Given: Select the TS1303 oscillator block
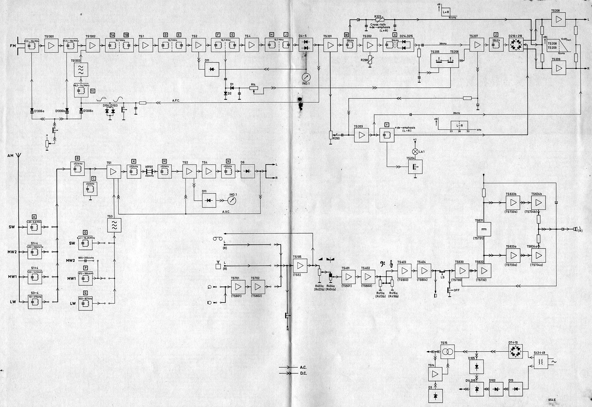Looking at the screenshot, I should (x=81, y=70).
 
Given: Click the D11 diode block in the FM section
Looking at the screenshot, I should (x=212, y=69).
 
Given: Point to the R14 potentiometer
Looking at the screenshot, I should (x=254, y=88).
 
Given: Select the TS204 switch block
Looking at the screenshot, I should (x=415, y=167).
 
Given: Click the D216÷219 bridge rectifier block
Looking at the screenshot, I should (x=516, y=45).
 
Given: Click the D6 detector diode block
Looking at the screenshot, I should (x=247, y=171).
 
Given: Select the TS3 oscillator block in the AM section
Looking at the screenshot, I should (x=114, y=225).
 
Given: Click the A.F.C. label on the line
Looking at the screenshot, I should (x=176, y=101).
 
